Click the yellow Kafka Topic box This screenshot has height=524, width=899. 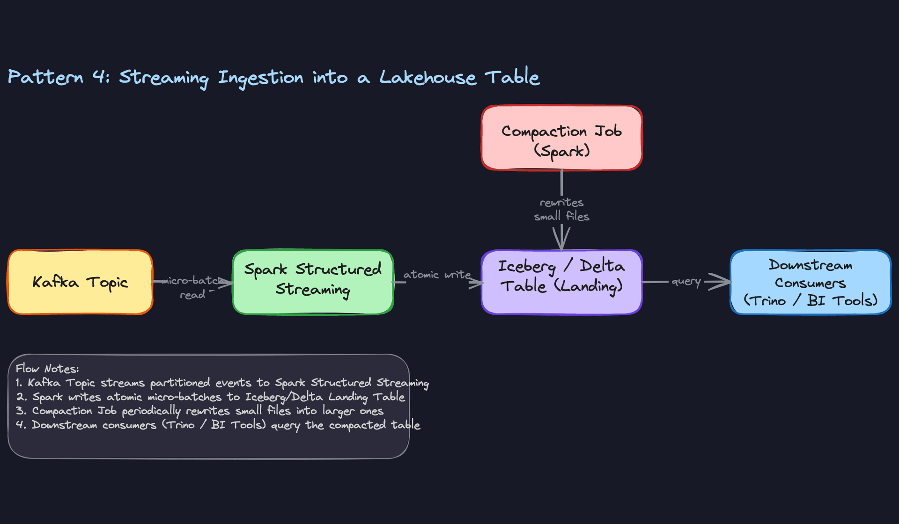pos(80,282)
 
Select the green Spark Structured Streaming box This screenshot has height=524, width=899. pos(313,282)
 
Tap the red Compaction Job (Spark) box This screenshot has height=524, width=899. pos(561,138)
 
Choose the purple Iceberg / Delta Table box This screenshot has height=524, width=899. pos(561,282)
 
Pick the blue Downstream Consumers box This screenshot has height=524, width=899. pos(810,282)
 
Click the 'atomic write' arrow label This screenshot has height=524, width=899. pos(437,275)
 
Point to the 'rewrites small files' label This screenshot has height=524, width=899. pos(561,209)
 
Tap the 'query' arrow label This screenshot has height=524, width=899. pos(685,281)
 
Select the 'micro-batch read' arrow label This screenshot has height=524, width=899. pos(192,287)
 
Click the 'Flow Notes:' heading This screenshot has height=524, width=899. pos(47,369)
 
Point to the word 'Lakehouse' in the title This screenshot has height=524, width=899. pos(427,78)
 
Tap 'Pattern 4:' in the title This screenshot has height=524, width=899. pos(59,77)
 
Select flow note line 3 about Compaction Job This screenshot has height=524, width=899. pos(200,411)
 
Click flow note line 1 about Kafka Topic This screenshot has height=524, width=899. pos(222,383)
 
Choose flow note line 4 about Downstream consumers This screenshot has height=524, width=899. pos(218,425)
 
